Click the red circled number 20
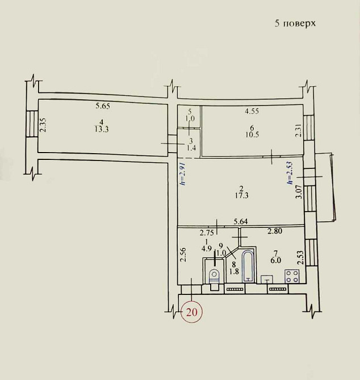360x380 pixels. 191,312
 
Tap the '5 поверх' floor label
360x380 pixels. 295,23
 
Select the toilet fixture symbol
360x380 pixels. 215,280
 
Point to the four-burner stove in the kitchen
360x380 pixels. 292,276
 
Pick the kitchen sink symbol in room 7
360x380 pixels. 267,279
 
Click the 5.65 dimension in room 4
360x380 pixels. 103,106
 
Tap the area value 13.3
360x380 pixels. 102,129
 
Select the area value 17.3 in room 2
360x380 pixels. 242,195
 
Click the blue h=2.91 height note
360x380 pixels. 183,174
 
